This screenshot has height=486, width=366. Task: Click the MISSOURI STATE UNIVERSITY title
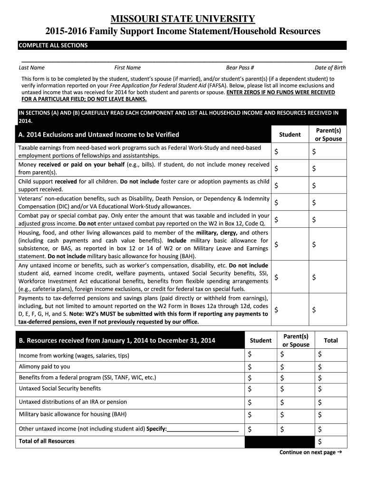pos(183,19)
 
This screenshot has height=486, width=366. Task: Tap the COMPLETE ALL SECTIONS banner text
pos(53,46)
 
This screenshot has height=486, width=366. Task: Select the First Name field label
pos(127,68)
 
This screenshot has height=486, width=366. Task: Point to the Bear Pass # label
pos(240,68)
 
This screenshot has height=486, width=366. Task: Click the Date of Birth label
pos(330,68)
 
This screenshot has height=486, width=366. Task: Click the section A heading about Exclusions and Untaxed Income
pos(98,135)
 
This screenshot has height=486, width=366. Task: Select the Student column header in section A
pos(289,135)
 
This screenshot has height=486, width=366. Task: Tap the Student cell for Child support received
pos(289,186)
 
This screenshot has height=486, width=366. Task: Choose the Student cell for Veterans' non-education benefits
pos(289,203)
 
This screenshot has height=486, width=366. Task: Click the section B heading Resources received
pos(116,340)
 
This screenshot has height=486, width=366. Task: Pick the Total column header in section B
pos(330,340)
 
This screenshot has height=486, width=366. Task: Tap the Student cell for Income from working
pos(261,355)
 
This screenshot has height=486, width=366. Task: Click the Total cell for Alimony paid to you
pos(331,367)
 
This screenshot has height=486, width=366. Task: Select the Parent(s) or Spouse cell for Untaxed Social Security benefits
pos(296,389)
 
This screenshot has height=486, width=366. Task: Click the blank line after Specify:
pos(203,429)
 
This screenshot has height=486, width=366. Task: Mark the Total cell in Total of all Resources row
pos(331,442)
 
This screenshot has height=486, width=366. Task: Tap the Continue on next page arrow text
pos(310,452)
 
